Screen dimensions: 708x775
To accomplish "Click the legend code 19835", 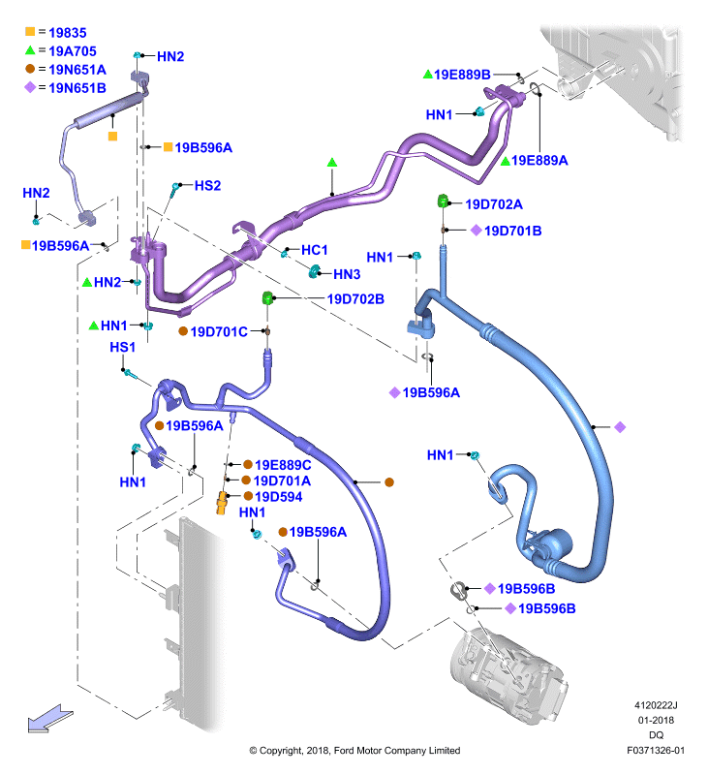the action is click(x=68, y=33).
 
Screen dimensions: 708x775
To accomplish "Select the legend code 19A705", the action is click(x=73, y=51).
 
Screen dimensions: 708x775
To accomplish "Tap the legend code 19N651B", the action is click(x=77, y=88).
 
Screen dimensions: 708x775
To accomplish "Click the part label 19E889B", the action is click(x=462, y=75).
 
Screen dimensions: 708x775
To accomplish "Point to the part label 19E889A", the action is click(x=539, y=160).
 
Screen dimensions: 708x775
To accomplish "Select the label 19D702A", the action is click(x=494, y=204).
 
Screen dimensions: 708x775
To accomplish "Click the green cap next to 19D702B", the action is click(x=267, y=298).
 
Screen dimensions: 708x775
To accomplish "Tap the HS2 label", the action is click(x=207, y=185).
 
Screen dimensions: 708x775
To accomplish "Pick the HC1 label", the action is click(x=314, y=250).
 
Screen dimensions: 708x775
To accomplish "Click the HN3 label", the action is click(x=347, y=274).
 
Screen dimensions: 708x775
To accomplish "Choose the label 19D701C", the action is click(x=219, y=331).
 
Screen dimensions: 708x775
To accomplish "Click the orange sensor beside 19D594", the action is click(x=222, y=503).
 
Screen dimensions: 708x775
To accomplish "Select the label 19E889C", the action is click(x=283, y=465).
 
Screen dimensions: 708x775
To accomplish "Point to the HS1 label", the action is click(x=123, y=348).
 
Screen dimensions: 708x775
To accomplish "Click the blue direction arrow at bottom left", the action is click(x=50, y=718).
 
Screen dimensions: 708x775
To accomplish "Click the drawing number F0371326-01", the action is click(x=656, y=751).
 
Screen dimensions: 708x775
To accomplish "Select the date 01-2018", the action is click(x=656, y=720).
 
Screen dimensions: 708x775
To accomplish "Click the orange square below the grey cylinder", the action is click(x=112, y=137).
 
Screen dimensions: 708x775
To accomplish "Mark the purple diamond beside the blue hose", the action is click(x=620, y=427).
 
